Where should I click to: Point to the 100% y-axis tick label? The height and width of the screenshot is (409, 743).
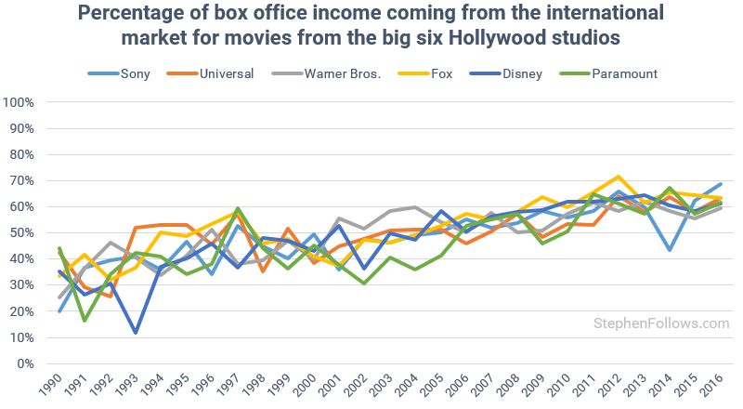tap(19, 101)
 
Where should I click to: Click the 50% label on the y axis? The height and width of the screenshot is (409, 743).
tap(21, 232)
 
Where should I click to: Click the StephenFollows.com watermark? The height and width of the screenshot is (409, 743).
tap(661, 323)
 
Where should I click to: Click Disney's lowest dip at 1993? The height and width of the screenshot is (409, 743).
tap(137, 332)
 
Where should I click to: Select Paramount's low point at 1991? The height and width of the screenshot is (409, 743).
tap(85, 321)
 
